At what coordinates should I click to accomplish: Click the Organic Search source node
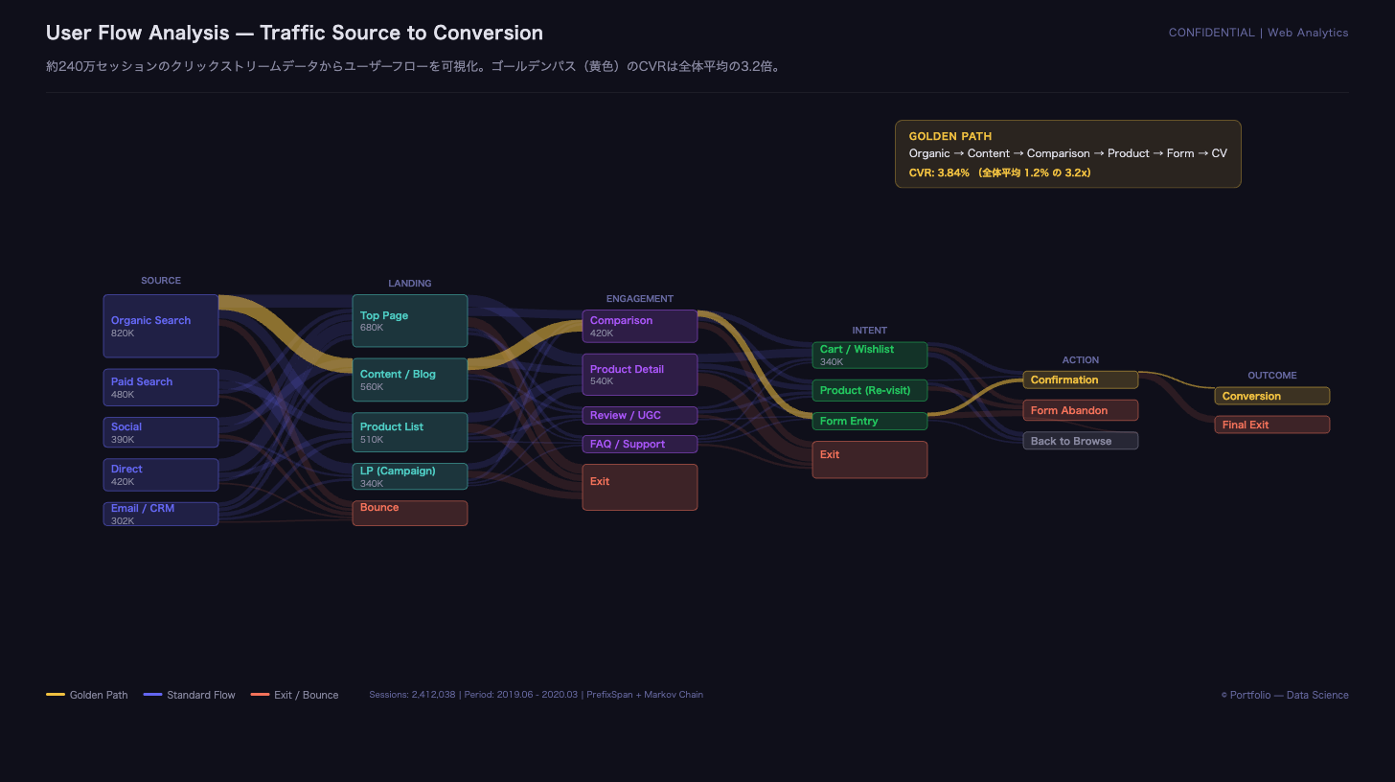click(x=161, y=326)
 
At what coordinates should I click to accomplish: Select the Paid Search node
click(x=161, y=387)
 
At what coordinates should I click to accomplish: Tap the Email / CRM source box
click(x=161, y=514)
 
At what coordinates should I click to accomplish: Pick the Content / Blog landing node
click(x=410, y=379)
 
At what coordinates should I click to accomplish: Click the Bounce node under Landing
click(x=410, y=513)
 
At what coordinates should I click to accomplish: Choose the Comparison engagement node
click(x=640, y=326)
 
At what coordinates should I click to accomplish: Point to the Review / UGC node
click(x=640, y=415)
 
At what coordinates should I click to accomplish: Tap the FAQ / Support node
click(x=640, y=444)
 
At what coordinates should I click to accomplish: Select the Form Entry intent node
click(x=869, y=422)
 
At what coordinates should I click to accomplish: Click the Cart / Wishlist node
click(x=869, y=356)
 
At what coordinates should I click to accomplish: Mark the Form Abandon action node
click(x=1081, y=410)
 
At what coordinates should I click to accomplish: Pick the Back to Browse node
click(x=1081, y=441)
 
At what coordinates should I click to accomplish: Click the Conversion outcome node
click(x=1271, y=396)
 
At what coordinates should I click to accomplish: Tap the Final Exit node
click(x=1271, y=425)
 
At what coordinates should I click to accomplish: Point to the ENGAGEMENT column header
click(x=640, y=298)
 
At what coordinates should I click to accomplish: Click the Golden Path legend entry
click(x=86, y=695)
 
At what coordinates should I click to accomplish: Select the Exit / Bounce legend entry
click(x=294, y=695)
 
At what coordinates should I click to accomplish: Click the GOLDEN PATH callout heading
click(x=950, y=136)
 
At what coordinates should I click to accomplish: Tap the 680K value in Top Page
click(x=372, y=328)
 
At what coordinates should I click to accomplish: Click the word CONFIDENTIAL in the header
click(x=1211, y=33)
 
